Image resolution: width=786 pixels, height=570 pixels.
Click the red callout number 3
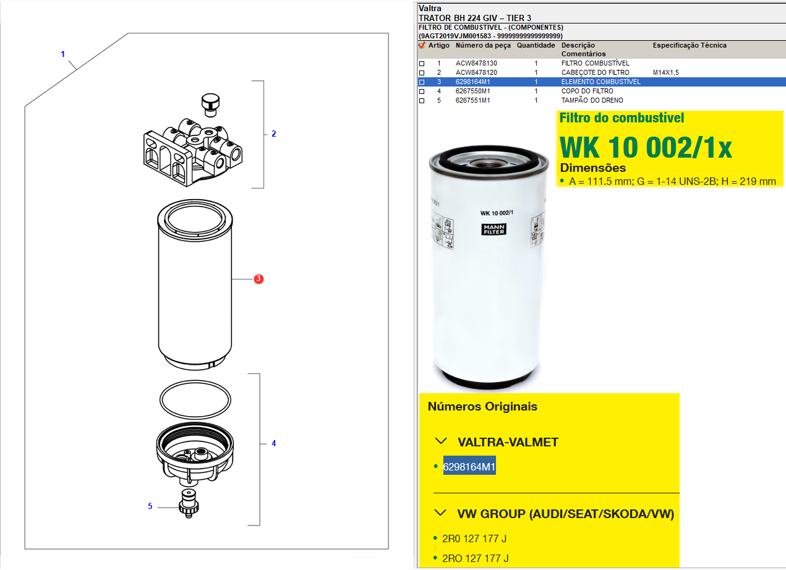coord(258,279)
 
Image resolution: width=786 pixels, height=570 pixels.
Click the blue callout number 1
coord(63,54)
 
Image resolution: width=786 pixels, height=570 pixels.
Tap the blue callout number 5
coord(150,506)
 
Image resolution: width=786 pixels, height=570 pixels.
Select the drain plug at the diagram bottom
coord(189,504)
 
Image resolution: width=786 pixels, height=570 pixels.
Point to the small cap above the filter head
coord(210,105)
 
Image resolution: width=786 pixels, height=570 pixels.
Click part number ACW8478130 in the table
coord(476,63)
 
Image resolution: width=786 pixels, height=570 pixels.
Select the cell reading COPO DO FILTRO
coord(587,91)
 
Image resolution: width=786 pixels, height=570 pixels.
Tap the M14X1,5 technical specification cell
coord(665,72)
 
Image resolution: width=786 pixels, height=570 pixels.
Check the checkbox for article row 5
coord(422,101)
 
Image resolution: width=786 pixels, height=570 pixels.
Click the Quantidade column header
coord(536,45)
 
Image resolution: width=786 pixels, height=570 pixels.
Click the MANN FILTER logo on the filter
coord(493,229)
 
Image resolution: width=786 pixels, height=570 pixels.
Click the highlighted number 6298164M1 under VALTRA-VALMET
coord(469,467)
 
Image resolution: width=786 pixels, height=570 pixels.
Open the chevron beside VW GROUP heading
coord(440,513)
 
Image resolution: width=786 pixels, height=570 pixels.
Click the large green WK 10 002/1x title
coord(646,147)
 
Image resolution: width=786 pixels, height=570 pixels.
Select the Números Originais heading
coord(482,407)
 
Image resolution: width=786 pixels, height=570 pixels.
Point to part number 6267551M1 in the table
coord(472,100)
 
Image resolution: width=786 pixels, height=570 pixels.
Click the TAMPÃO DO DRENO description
coord(592,100)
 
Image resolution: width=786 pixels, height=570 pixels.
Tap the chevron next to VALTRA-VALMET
coord(441,441)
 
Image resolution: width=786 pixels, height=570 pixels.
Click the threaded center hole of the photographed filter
coord(489,163)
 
